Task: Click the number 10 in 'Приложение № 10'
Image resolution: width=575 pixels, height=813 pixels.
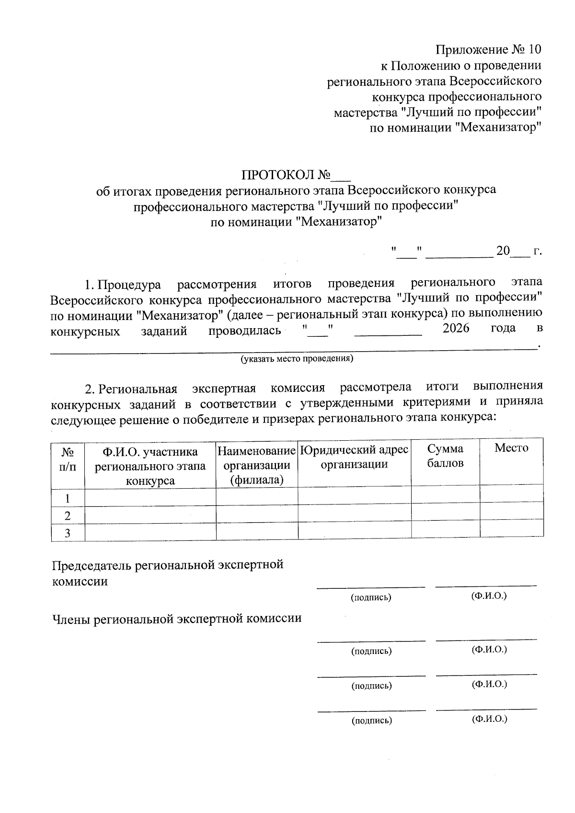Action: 533,50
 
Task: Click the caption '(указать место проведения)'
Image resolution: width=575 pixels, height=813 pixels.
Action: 297,358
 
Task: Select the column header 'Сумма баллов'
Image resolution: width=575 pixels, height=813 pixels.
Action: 445,456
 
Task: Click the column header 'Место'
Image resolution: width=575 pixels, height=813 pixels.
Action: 511,448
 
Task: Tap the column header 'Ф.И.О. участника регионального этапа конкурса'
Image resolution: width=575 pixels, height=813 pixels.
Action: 150,466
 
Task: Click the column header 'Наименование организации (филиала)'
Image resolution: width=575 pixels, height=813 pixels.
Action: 256,465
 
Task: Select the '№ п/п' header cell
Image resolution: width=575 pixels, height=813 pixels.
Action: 68,458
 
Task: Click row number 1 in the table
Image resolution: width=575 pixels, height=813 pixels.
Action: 68,498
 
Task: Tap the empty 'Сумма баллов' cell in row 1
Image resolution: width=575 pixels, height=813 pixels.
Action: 445,494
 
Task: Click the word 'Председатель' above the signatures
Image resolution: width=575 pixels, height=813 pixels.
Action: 92,565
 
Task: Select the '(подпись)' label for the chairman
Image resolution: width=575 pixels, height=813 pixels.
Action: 371,597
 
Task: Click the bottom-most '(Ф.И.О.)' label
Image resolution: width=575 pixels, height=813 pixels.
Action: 489,719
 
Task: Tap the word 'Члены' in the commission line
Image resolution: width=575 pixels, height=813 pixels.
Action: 71,618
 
